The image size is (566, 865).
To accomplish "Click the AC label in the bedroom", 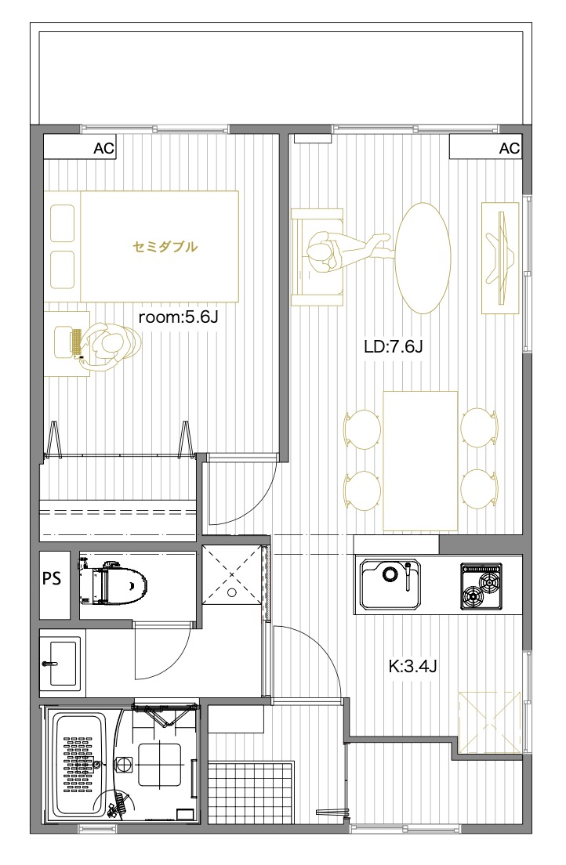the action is pos(103,148).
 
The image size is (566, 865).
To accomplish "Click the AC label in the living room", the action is pos(509,148).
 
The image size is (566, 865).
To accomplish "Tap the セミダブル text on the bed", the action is pos(165,247).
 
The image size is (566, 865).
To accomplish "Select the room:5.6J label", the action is pos(179,317).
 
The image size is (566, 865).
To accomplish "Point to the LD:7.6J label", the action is pos(394,347).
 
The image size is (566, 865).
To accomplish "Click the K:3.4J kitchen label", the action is pos(412,667).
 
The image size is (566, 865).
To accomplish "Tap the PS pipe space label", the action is pos(52,579).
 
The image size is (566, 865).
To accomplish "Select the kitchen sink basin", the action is pos(390,585).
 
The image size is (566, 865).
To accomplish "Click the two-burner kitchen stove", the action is pos(481,586).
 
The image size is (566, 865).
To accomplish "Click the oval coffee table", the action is pos(423,259).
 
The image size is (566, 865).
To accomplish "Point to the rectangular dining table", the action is pos(421,461).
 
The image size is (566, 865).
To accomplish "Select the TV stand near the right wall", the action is pos(500,258).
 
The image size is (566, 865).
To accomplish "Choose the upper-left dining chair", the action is pos(362,429).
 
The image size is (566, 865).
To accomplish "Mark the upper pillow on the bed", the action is pos(63,223).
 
